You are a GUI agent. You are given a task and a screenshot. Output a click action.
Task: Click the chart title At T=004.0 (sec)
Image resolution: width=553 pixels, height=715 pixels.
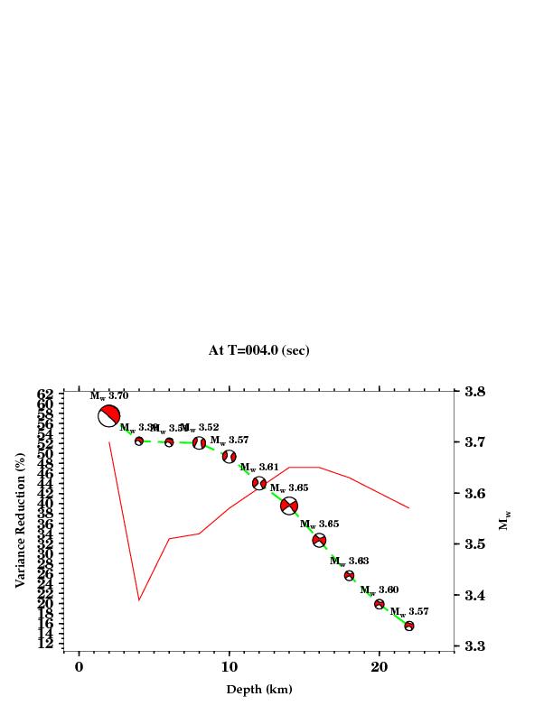click(259, 350)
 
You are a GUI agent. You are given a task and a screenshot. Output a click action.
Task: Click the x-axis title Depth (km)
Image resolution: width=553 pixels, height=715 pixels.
click(259, 690)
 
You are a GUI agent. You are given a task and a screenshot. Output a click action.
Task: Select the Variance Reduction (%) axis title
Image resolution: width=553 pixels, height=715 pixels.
click(20, 520)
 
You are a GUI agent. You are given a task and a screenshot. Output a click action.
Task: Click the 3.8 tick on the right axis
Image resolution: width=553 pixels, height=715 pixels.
click(475, 392)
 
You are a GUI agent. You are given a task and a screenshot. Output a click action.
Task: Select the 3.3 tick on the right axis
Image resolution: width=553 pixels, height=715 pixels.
click(475, 646)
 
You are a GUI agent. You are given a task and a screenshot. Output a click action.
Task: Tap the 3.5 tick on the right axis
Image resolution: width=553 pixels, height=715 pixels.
click(475, 544)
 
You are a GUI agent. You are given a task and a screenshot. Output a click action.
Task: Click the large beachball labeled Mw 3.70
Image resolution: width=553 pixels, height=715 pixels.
click(109, 416)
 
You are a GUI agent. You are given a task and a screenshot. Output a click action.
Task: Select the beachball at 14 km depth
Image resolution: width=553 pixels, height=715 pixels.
click(289, 506)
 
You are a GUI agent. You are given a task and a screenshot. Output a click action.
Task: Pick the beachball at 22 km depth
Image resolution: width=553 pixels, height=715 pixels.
click(409, 626)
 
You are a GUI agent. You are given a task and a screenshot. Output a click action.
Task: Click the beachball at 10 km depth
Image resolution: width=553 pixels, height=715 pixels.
click(230, 457)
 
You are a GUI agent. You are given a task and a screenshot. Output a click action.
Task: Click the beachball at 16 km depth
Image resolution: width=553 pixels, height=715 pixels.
click(319, 541)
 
